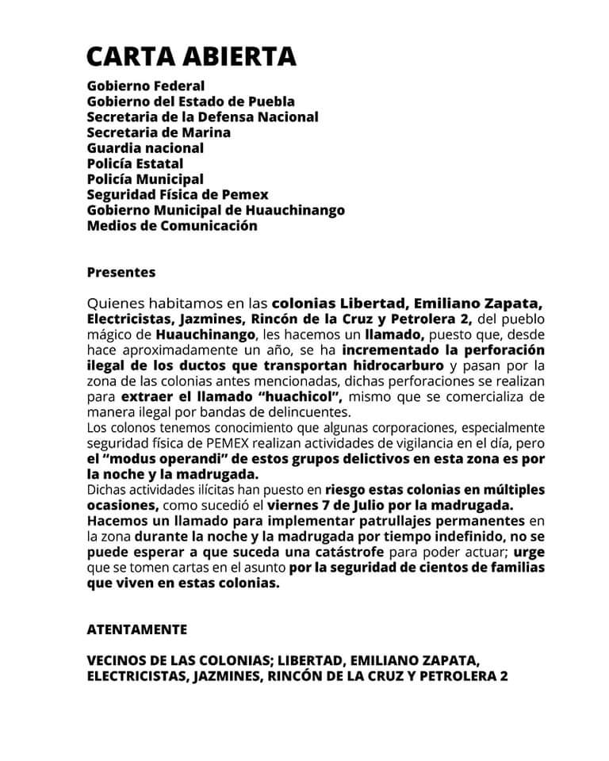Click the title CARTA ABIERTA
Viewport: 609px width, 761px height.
pyautogui.click(x=191, y=56)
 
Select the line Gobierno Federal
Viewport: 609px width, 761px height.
pyautogui.click(x=146, y=86)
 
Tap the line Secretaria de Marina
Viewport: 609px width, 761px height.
pyautogui.click(x=159, y=132)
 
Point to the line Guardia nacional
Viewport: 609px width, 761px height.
pyautogui.click(x=145, y=148)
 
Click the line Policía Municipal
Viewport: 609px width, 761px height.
pyautogui.click(x=145, y=179)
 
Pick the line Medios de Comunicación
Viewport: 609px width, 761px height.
pyautogui.click(x=172, y=226)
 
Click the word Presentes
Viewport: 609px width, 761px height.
pyautogui.click(x=121, y=273)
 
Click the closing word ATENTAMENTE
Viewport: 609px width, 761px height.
pyautogui.click(x=137, y=629)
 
